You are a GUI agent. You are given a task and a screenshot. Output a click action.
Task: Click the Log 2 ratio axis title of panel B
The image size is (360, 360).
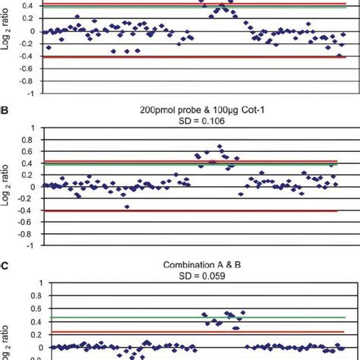[x=8, y=187]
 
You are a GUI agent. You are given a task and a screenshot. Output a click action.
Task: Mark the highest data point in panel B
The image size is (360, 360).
[x=220, y=147]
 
